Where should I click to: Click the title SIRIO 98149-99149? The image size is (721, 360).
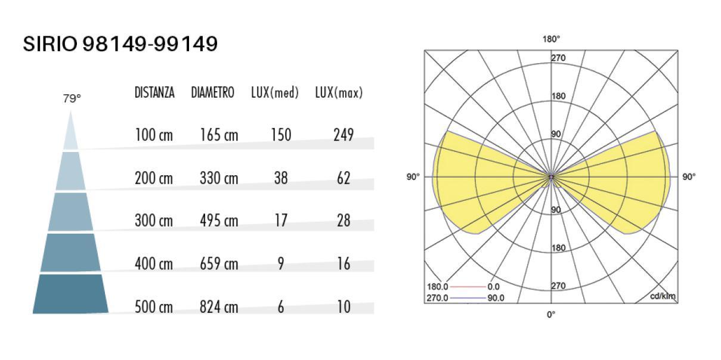click(x=120, y=44)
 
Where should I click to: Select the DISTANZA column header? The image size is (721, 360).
click(x=154, y=92)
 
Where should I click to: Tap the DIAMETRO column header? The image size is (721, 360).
click(x=213, y=92)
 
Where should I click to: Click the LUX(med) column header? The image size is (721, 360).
click(x=275, y=92)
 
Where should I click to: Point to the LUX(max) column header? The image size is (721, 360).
click(x=339, y=92)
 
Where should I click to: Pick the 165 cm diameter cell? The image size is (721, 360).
click(x=219, y=135)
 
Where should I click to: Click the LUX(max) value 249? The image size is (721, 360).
click(x=344, y=135)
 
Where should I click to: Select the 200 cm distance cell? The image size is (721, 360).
click(x=154, y=178)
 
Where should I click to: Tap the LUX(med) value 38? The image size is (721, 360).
click(x=281, y=178)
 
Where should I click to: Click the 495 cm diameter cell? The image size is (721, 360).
click(x=219, y=221)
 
